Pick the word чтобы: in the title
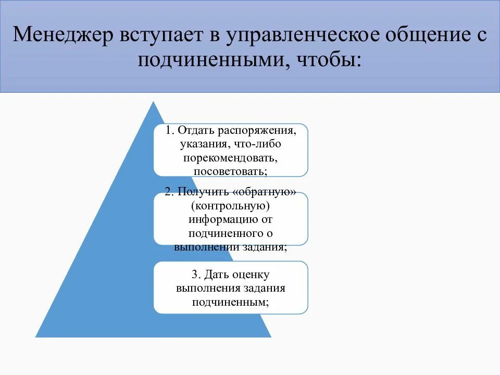pos(329,60)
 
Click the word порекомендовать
pos(231,157)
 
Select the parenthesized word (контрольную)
pos(231,206)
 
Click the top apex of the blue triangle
pos(153,102)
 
